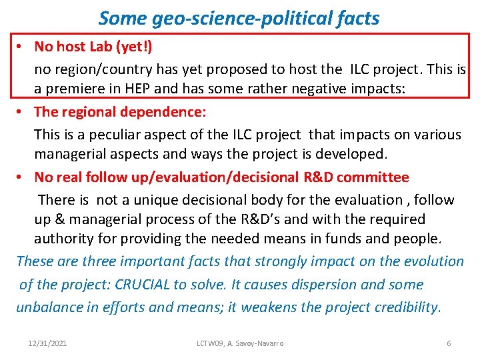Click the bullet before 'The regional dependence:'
pyautogui.click(x=21, y=112)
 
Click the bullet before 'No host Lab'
pyautogui.click(x=21, y=47)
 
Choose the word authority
pyautogui.click(x=65, y=239)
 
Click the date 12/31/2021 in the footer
pyautogui.click(x=47, y=343)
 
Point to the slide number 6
pyautogui.click(x=449, y=343)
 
